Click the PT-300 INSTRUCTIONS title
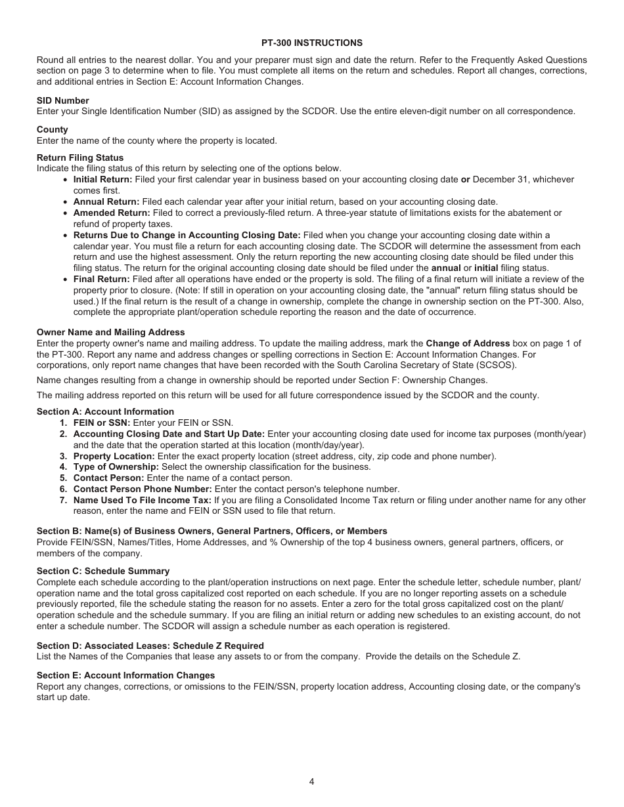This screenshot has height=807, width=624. click(311, 43)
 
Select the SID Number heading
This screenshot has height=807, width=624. click(62, 100)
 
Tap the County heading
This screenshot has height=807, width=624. click(52, 130)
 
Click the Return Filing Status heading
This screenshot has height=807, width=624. click(79, 157)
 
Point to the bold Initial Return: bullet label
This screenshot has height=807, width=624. click(102, 179)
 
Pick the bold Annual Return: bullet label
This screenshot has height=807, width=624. click(106, 201)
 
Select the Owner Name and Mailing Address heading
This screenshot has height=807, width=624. click(110, 332)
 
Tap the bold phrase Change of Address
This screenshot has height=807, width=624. click(468, 343)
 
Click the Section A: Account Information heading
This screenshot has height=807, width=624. click(105, 411)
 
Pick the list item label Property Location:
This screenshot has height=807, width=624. click(114, 456)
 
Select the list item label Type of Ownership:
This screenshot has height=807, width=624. click(116, 467)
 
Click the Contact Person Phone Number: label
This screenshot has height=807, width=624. click(143, 489)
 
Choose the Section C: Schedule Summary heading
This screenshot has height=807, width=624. click(102, 571)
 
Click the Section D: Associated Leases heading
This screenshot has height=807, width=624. click(150, 646)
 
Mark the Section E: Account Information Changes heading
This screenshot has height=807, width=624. click(125, 675)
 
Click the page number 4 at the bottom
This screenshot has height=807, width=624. click(311, 781)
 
